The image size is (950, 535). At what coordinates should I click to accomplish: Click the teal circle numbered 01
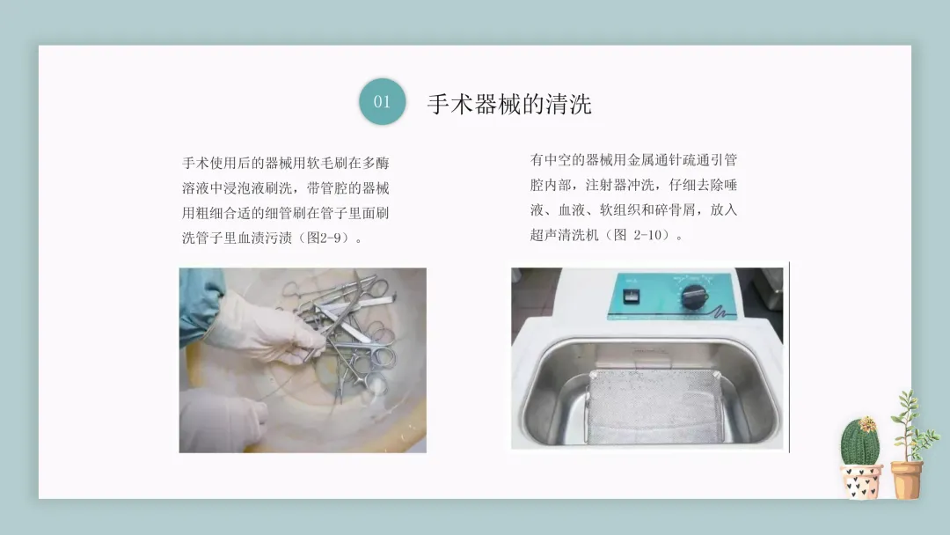(382, 101)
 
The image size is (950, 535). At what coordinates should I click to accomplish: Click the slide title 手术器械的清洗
(509, 104)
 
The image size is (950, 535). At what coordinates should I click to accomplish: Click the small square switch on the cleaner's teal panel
(631, 297)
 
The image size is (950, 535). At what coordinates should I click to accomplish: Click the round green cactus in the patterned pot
(859, 443)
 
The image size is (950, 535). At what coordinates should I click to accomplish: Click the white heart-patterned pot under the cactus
(861, 481)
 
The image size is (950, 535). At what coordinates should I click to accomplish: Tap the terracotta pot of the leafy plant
(906, 480)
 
